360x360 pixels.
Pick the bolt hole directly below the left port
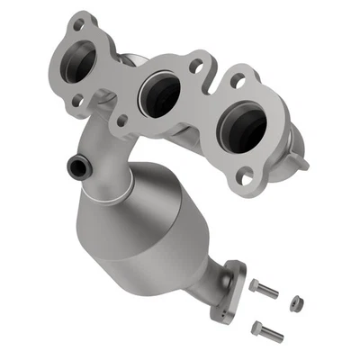pos(77,101)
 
